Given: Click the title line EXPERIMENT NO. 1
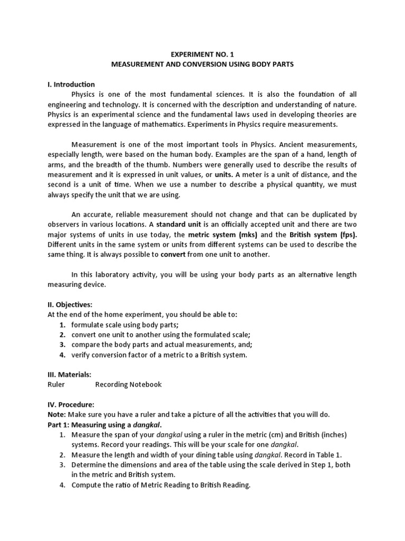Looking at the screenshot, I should (x=202, y=53).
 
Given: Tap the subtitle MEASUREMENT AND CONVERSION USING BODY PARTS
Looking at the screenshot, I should (x=202, y=64).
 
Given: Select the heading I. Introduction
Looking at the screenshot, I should (x=71, y=84).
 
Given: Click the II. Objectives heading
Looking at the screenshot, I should (x=70, y=304).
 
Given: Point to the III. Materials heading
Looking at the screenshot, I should (x=70, y=374).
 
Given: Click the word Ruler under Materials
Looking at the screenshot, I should (x=56, y=385).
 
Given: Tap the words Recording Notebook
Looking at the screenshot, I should (x=129, y=385).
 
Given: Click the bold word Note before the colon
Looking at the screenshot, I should (x=56, y=415).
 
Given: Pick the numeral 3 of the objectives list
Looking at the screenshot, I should (x=62, y=344).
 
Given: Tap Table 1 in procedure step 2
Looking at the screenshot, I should (x=333, y=455).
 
